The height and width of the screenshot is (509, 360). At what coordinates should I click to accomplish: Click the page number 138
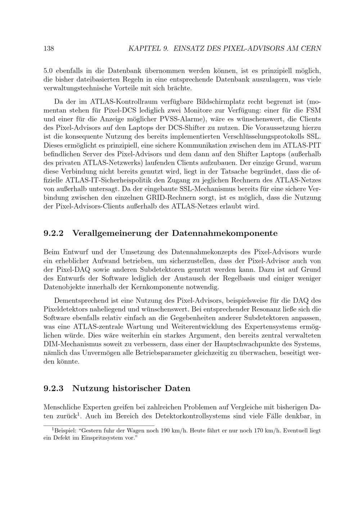(49, 48)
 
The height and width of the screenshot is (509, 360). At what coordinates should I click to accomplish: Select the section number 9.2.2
(53, 233)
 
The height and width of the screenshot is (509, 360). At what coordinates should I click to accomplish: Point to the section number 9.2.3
(53, 388)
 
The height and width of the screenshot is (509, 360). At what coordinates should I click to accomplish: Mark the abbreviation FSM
(314, 110)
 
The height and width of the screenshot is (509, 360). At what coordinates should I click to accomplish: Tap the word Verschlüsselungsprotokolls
(262, 136)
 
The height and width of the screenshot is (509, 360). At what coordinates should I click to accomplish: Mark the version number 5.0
(48, 71)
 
